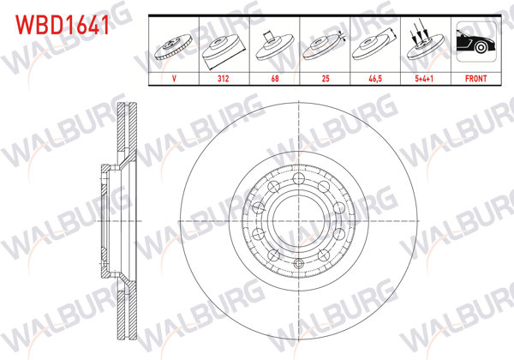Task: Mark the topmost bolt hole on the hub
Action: coord(296,178)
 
